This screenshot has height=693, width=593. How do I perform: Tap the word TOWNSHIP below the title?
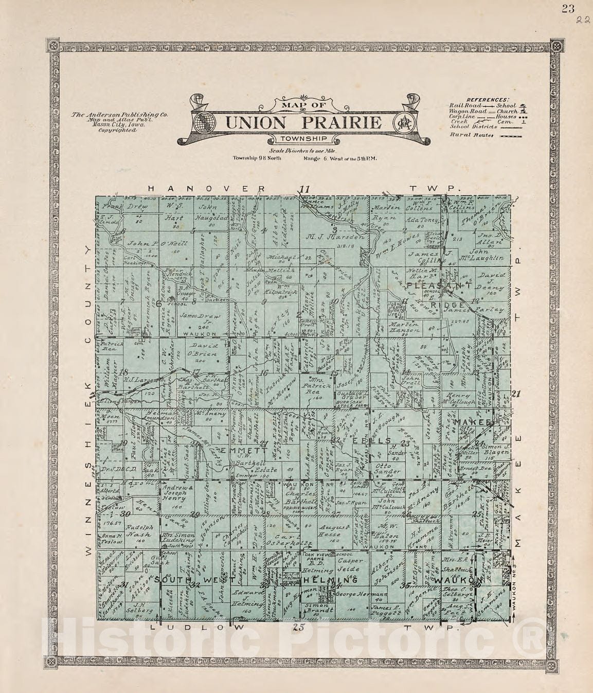303,139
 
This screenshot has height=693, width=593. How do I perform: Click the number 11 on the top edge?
306,189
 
